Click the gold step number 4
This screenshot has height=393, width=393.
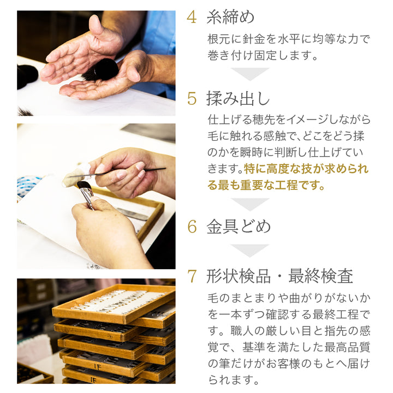pos(192,17)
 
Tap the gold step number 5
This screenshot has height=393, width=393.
pos(192,99)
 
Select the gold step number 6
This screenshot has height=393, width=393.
pos(192,227)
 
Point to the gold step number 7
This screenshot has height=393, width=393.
pos(192,276)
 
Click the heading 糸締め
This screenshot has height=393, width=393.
pos(230,17)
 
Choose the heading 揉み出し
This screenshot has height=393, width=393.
pos(238,98)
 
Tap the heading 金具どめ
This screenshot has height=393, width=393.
pos(239,227)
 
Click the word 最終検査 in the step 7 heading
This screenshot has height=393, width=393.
pos(320,276)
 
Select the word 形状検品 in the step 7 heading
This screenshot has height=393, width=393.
pos(239,276)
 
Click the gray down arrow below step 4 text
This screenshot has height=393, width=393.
pos(250,74)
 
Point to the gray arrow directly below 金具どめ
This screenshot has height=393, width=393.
pos(250,251)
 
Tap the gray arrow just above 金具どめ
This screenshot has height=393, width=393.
pos(250,204)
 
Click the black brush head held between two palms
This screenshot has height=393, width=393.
pos(105,70)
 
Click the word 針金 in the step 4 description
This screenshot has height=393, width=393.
pos(253,39)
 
